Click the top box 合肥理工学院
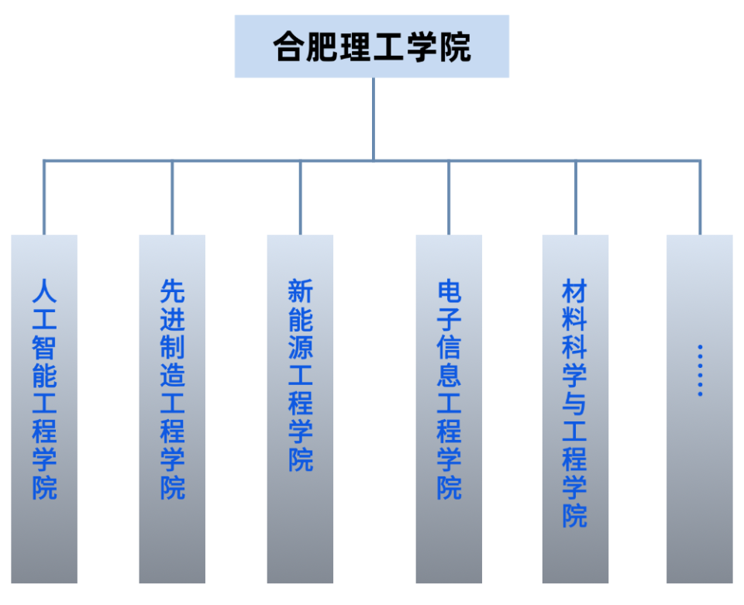point(372,46)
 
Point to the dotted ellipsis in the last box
point(700,371)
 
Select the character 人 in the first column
point(44,291)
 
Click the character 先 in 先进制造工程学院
point(172,291)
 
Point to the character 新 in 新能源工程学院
point(300,291)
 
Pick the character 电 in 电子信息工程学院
point(449,291)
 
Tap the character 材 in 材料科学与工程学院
point(575,292)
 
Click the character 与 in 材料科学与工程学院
point(575,404)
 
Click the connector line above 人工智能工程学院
point(44,198)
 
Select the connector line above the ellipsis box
point(701,198)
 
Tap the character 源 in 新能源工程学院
point(300,347)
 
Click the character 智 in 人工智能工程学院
point(44,347)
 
